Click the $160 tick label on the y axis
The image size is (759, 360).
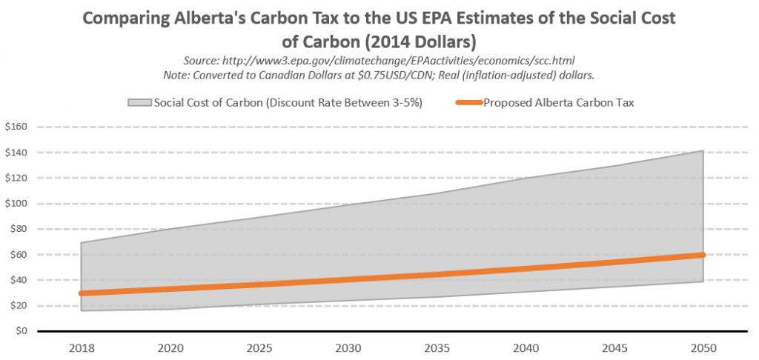tap(16, 127)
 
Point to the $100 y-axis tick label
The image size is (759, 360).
tap(16, 204)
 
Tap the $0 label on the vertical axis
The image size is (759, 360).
tap(20, 331)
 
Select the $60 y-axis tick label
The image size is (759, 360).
tap(18, 255)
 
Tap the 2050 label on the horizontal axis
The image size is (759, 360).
tap(702, 347)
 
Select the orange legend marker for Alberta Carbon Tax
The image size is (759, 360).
tap(468, 103)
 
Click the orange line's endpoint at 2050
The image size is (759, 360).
tap(701, 255)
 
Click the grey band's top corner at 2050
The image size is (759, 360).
tap(701, 151)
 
